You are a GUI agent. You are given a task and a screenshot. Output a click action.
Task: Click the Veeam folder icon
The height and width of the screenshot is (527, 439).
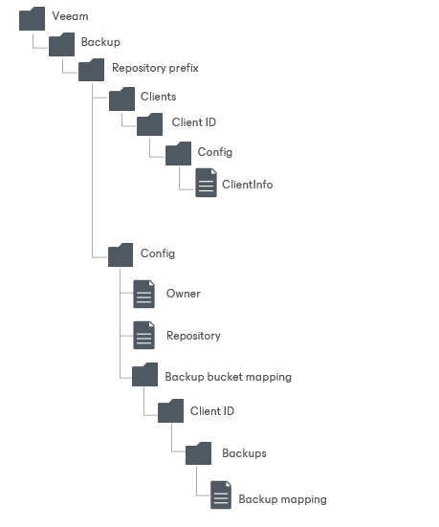pyautogui.click(x=32, y=17)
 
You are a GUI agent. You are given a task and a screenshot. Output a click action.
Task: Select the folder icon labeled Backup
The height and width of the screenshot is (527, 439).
pyautogui.click(x=62, y=44)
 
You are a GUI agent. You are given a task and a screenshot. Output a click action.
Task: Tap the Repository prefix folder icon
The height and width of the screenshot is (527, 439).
pyautogui.click(x=92, y=70)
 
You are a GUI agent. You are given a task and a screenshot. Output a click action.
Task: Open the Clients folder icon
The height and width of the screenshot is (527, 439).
pyautogui.click(x=121, y=98)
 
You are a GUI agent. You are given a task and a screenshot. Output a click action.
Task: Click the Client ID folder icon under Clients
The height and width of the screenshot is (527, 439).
pyautogui.click(x=150, y=124)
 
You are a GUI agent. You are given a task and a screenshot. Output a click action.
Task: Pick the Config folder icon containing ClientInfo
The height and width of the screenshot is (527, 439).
pyautogui.click(x=179, y=153)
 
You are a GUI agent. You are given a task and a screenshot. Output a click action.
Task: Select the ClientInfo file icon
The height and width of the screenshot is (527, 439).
pyautogui.click(x=207, y=183)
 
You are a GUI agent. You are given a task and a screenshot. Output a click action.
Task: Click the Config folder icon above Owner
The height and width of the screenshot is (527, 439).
pyautogui.click(x=121, y=254)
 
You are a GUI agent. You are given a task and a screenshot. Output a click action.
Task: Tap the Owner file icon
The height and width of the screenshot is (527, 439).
pyautogui.click(x=143, y=294)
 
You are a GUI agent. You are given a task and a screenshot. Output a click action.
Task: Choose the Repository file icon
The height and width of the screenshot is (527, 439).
pyautogui.click(x=143, y=335)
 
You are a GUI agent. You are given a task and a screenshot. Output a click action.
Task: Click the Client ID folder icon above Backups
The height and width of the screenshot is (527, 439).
pyautogui.click(x=170, y=411)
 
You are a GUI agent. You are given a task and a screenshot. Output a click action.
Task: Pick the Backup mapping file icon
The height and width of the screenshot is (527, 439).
pyautogui.click(x=221, y=496)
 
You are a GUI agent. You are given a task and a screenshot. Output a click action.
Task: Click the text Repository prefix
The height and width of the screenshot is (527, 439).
pyautogui.click(x=155, y=69)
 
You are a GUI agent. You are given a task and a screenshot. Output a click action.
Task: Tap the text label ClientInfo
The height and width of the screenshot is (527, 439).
pyautogui.click(x=247, y=184)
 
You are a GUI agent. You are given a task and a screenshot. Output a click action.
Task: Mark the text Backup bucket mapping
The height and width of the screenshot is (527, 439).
pyautogui.click(x=229, y=377)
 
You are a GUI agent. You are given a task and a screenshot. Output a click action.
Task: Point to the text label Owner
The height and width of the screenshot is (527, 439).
pyautogui.click(x=184, y=294)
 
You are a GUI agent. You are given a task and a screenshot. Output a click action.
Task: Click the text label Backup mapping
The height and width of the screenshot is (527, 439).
pyautogui.click(x=282, y=499)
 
